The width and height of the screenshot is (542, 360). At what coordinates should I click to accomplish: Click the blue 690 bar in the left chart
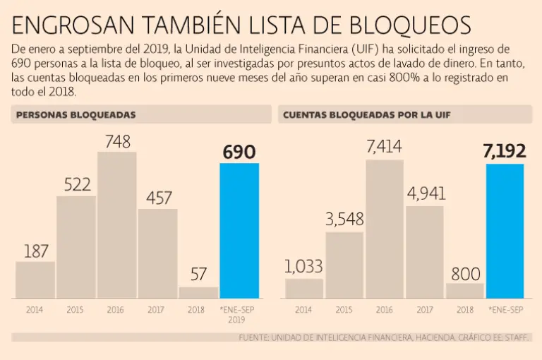click(x=239, y=230)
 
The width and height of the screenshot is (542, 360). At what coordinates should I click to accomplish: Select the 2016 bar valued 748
click(x=116, y=224)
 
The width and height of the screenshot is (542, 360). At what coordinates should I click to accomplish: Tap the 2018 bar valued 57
click(x=198, y=292)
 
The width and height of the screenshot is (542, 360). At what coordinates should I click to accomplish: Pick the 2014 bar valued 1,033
click(x=303, y=288)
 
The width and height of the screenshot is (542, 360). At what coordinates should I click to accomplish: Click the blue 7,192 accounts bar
click(x=505, y=230)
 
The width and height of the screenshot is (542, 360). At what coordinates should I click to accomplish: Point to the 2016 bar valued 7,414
click(x=384, y=229)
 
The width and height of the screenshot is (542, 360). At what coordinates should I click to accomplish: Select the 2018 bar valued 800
click(x=464, y=290)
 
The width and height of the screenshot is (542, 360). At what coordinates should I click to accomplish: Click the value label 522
click(x=77, y=185)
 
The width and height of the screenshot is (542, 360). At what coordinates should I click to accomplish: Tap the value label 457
click(x=159, y=198)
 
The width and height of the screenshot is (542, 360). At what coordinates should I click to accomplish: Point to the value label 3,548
click(x=344, y=220)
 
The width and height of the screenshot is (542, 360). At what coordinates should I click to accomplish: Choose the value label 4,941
click(x=426, y=194)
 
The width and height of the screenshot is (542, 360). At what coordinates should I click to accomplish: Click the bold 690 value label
click(x=239, y=152)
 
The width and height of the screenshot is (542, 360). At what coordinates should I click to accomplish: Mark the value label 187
click(x=35, y=251)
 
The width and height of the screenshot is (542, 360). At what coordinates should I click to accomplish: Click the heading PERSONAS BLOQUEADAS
click(x=76, y=114)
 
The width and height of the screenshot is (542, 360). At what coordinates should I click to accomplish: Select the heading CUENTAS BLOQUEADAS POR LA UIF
click(x=366, y=114)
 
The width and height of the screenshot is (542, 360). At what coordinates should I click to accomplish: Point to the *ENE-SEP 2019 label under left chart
click(x=239, y=314)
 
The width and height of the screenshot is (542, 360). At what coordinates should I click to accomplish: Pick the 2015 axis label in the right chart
click(x=344, y=309)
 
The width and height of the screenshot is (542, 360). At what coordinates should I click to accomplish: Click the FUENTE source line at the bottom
click(x=384, y=338)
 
